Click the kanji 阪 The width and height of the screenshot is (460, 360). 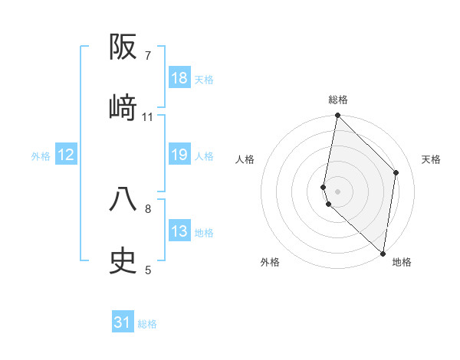123,47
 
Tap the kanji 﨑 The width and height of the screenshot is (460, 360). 123,108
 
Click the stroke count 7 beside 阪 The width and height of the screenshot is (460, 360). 148,56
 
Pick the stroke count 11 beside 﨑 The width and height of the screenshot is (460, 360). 148,117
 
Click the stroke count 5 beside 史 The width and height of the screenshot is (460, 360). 148,270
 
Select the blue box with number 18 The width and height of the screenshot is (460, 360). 179,78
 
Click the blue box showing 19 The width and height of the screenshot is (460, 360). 179,155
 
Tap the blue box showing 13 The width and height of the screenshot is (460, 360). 179,231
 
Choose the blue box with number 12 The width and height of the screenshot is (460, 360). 66,155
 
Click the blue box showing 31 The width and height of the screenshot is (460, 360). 123,322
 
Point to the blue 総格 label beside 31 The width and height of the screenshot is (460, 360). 147,324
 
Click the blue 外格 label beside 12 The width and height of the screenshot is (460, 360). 41,156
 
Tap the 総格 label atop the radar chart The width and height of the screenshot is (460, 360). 338,100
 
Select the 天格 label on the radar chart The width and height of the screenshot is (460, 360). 432,159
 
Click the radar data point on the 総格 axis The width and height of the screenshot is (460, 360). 337,116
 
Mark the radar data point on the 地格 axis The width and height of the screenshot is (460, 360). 383,254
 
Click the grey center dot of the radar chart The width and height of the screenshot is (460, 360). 337,190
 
